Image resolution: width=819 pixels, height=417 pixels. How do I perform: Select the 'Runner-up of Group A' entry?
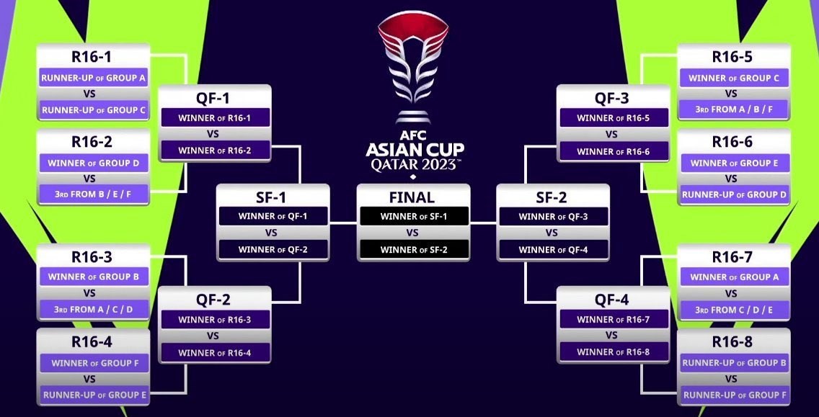pyautogui.click(x=93, y=78)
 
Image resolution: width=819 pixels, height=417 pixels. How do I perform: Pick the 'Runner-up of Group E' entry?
pyautogui.click(x=93, y=395)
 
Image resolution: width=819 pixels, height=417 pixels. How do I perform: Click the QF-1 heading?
pyautogui.click(x=214, y=98)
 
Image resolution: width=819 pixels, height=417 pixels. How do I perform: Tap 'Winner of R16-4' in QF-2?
pyautogui.click(x=214, y=352)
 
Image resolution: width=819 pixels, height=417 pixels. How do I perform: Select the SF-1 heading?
pyautogui.click(x=273, y=197)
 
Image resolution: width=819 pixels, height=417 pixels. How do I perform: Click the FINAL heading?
pyautogui.click(x=412, y=197)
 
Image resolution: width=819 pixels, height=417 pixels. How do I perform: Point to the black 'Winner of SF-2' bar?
pyautogui.click(x=413, y=250)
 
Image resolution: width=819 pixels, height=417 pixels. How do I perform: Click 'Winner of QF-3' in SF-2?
pyautogui.click(x=553, y=216)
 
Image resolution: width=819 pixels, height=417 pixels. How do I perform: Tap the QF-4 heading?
pyautogui.click(x=612, y=300)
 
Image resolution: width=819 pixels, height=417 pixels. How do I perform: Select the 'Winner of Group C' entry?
pyautogui.click(x=733, y=78)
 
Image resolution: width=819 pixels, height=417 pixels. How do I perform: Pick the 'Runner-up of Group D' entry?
pyautogui.click(x=733, y=194)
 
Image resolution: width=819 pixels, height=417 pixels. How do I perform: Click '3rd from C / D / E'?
pyautogui.click(x=733, y=310)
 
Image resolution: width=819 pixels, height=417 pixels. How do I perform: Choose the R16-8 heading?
pyautogui.click(x=732, y=341)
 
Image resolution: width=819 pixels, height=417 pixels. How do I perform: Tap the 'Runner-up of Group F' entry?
pyautogui.click(x=733, y=395)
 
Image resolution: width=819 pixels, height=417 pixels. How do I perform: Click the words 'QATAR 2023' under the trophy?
pyautogui.click(x=414, y=165)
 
